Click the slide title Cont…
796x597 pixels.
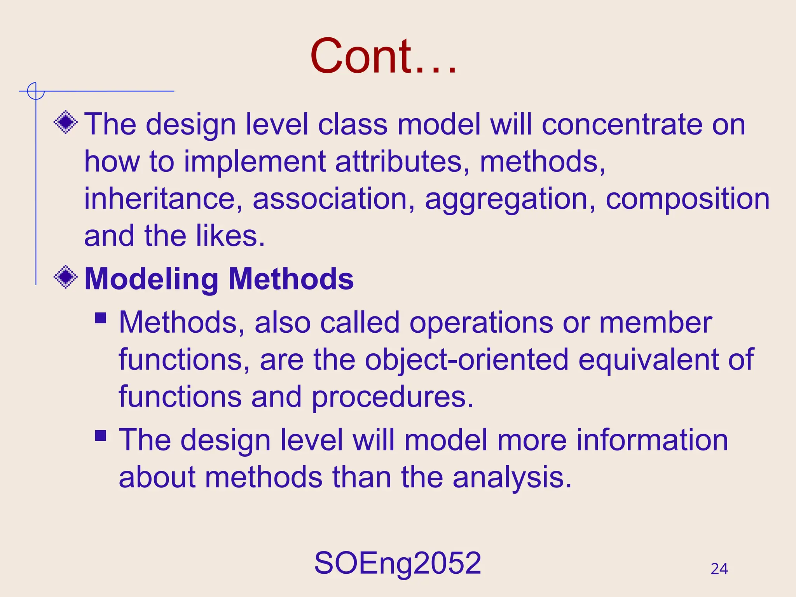click(383, 56)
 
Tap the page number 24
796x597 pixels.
click(719, 569)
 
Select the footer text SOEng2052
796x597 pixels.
click(398, 563)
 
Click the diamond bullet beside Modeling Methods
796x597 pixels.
click(66, 277)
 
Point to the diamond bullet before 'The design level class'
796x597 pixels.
click(66, 122)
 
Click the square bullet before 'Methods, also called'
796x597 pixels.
click(101, 318)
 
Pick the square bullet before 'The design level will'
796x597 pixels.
click(101, 435)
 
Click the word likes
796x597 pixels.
click(230, 236)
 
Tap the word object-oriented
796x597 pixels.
click(466, 360)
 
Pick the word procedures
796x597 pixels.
click(393, 397)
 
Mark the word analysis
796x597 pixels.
click(512, 478)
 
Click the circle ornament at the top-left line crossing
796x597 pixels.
click(36, 91)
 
